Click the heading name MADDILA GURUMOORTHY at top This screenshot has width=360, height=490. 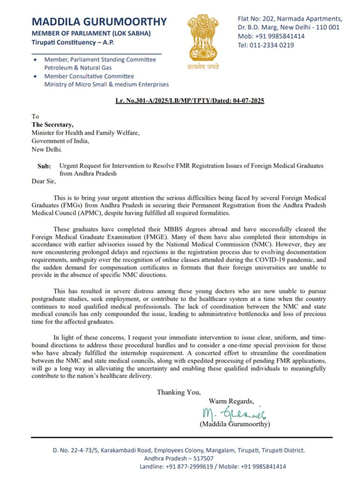coord(99,22)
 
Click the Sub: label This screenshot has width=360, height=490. coord(45,166)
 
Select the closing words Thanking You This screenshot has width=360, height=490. coord(178,392)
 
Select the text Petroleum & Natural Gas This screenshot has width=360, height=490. coord(78,67)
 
